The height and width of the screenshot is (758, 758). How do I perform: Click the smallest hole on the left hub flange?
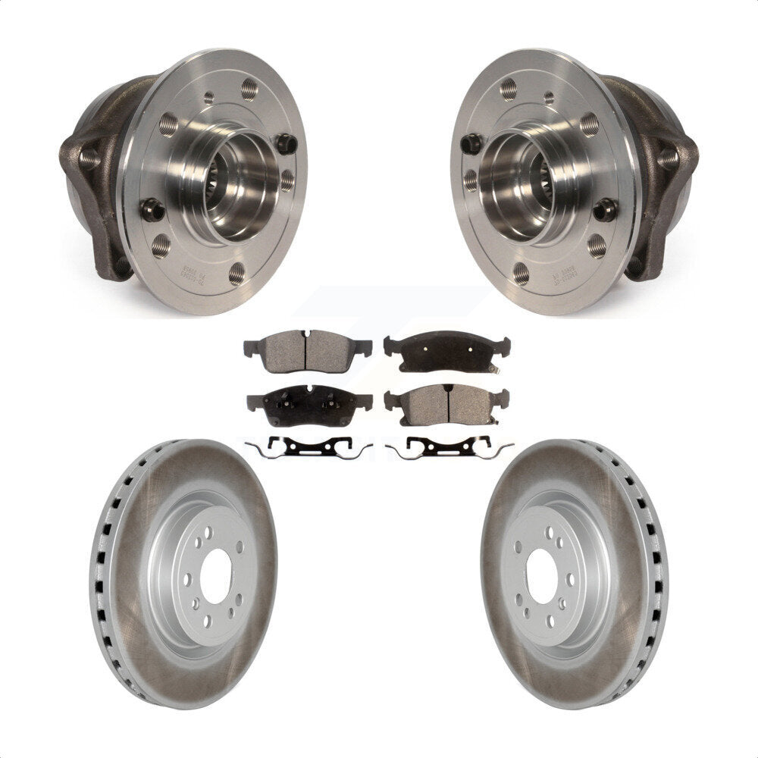[x=208, y=97]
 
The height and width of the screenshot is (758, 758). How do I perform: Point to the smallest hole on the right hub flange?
[x=549, y=97]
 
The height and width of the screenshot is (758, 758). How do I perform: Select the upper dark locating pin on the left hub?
[x=286, y=142]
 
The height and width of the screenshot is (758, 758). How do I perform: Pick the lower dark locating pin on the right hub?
[x=605, y=209]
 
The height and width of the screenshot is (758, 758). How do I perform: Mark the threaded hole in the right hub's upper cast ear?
[x=668, y=158]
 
